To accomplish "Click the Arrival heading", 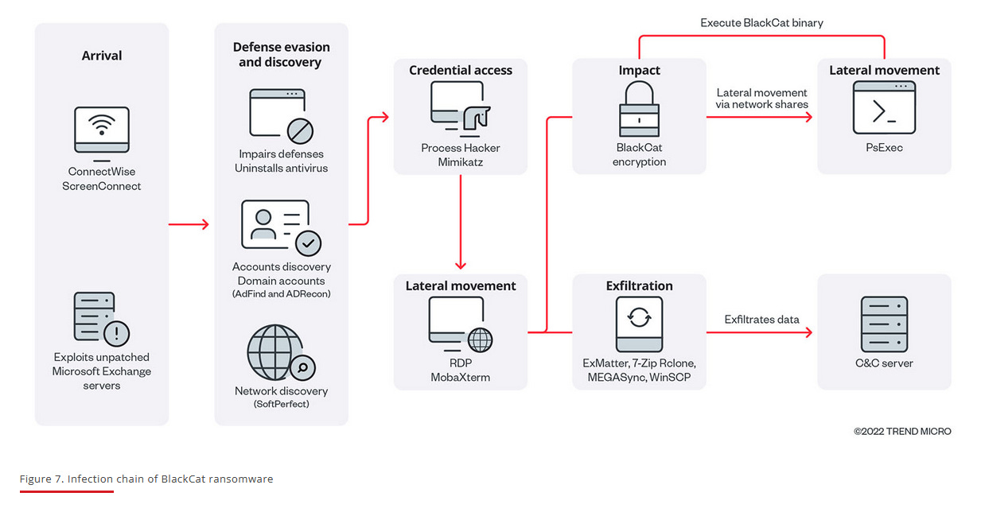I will pyautogui.click(x=102, y=56).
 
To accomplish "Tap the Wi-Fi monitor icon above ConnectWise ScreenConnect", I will pyautogui.click(x=102, y=130).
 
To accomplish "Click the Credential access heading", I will pyautogui.click(x=461, y=71).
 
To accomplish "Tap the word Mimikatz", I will pyautogui.click(x=461, y=161).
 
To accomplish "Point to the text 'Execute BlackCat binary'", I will pyautogui.click(x=761, y=23).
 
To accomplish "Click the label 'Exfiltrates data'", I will pyautogui.click(x=761, y=320).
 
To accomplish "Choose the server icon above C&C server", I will pyautogui.click(x=884, y=324).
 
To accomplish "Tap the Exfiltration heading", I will pyautogui.click(x=640, y=286).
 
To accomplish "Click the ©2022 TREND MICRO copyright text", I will pyautogui.click(x=902, y=432).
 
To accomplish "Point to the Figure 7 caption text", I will pyautogui.click(x=146, y=479).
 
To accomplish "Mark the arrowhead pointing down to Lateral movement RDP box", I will pyautogui.click(x=461, y=265).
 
